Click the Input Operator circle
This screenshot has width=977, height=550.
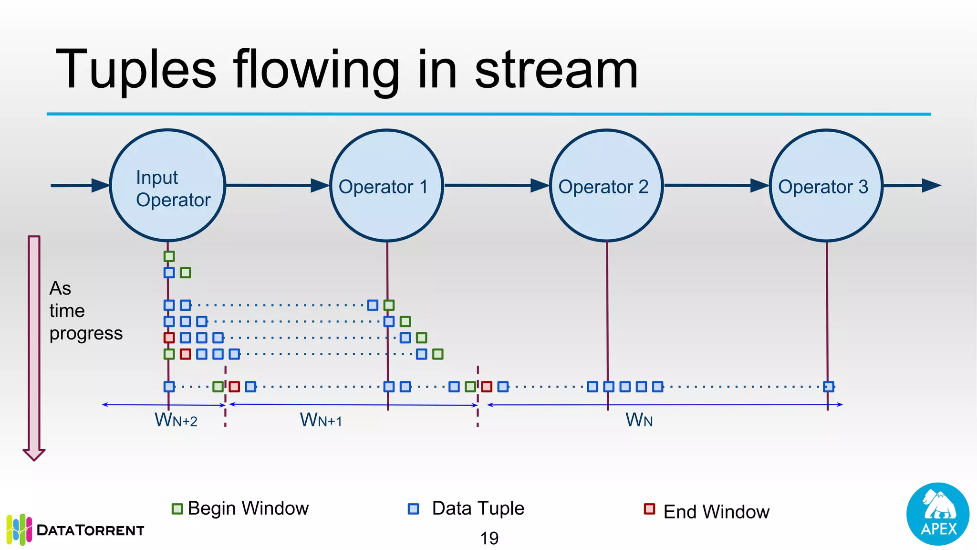coord(167,185)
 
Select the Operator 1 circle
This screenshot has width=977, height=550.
coord(387,185)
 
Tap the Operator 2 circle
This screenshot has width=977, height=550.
coord(606,185)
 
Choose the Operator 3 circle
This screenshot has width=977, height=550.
coord(826,185)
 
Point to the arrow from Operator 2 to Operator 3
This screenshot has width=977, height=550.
coord(716,185)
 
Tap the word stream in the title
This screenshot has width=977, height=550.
coord(556,70)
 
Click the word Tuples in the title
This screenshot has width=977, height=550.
coord(136,70)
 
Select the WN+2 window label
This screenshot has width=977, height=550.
coord(176,420)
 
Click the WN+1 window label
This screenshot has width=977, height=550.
coord(321,420)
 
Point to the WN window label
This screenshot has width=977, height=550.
coord(639,420)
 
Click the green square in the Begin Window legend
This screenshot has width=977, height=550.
coord(177,509)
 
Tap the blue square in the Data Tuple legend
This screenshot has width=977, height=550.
coord(414,509)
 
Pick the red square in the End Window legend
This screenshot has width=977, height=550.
coord(649,509)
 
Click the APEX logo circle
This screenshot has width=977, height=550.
coord(938,514)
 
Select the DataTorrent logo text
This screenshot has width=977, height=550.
coord(90,530)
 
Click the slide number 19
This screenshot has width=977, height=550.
coord(489,539)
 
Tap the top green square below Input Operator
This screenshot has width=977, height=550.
coord(169,256)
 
